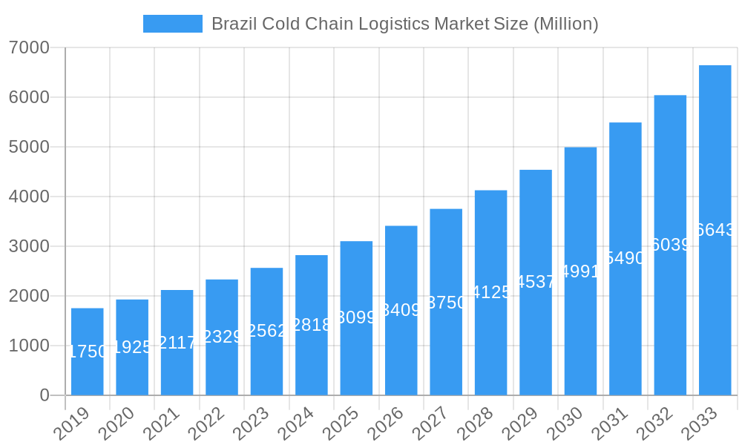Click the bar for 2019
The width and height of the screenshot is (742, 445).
pyautogui.click(x=88, y=371)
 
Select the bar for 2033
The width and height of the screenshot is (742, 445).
pyautogui.click(x=715, y=311)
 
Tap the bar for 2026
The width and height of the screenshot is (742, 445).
pyautogui.click(x=401, y=349)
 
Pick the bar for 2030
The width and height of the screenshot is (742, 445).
pyautogui.click(x=580, y=334)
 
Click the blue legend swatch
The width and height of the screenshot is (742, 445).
pyautogui.click(x=172, y=24)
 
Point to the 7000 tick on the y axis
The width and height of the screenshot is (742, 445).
pyautogui.click(x=29, y=47)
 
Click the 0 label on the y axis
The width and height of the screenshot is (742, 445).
pyautogui.click(x=45, y=395)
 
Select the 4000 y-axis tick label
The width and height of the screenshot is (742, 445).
pyautogui.click(x=29, y=197)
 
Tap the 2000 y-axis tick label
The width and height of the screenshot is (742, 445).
pyautogui.click(x=29, y=296)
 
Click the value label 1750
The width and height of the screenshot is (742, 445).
pyautogui.click(x=88, y=352)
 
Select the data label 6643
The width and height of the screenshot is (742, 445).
pyautogui.click(x=715, y=230)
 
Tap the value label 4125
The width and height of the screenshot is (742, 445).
pyautogui.click(x=491, y=292)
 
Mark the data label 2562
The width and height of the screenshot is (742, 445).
pyautogui.click(x=266, y=331)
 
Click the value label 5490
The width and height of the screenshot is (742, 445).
pyautogui.click(x=626, y=258)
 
